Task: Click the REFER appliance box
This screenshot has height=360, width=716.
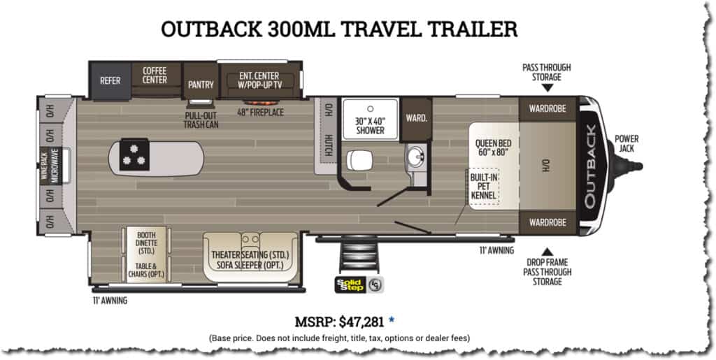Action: point(110,80)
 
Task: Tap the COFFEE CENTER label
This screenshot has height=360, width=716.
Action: point(155,75)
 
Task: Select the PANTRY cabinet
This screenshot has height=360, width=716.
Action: point(201,85)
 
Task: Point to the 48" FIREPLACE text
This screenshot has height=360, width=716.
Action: point(260,112)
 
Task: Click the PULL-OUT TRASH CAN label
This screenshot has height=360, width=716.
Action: point(201,120)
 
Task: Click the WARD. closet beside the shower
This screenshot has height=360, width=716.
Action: point(417,117)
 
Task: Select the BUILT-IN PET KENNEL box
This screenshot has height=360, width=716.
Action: point(483,187)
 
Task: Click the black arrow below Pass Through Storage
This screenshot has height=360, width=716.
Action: point(547,88)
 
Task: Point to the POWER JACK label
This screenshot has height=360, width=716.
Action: point(626,143)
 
